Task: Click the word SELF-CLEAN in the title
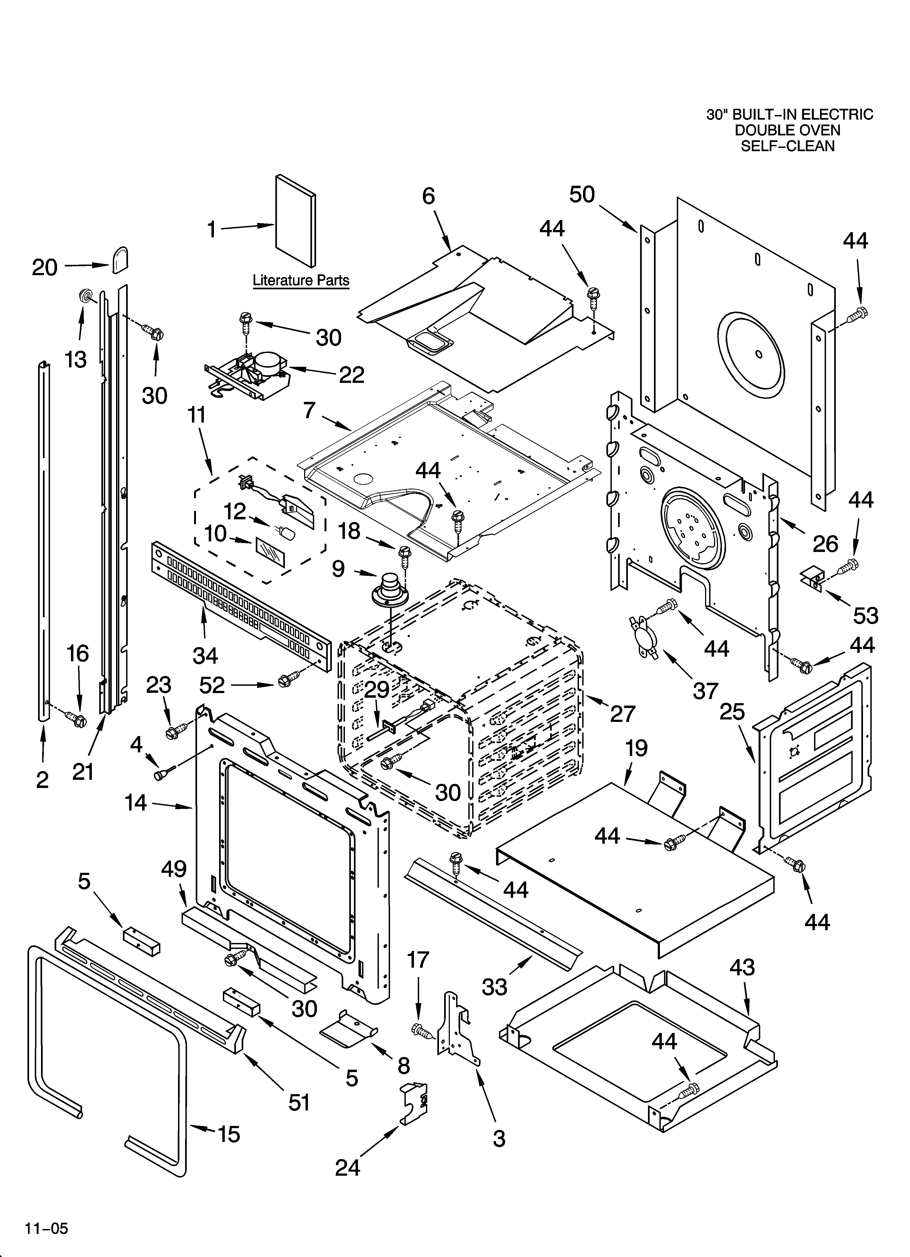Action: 787,146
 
